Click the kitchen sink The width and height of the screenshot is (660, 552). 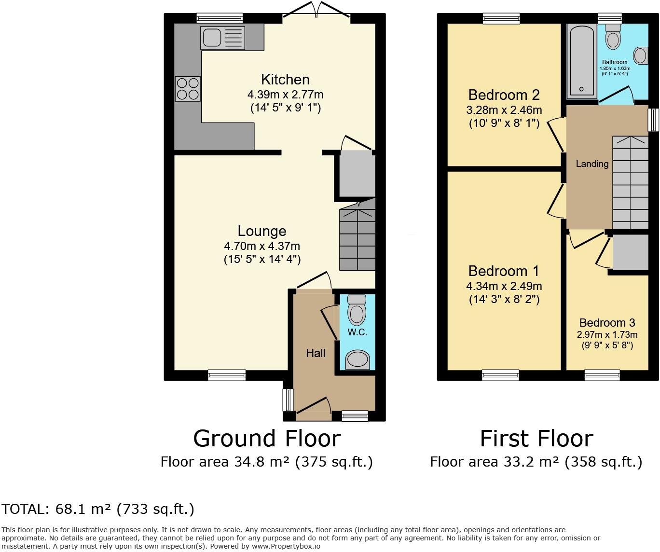[x=223, y=38]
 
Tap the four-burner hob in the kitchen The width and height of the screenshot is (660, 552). [x=187, y=89]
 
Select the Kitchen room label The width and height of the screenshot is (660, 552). [x=285, y=79]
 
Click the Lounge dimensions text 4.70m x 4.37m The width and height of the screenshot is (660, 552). [x=262, y=246]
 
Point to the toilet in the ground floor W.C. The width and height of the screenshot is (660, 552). [x=357, y=310]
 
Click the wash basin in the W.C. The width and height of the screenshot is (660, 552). [x=357, y=359]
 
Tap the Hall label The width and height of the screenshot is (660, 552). [x=316, y=353]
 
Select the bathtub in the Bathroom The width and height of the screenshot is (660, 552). [x=581, y=60]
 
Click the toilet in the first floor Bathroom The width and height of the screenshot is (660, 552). [x=613, y=36]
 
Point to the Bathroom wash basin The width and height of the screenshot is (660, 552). [x=641, y=55]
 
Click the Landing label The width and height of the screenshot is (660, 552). [x=592, y=164]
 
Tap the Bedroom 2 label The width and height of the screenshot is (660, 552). [x=504, y=95]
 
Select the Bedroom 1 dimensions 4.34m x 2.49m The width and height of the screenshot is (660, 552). [x=504, y=286]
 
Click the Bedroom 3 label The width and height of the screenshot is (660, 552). [x=607, y=323]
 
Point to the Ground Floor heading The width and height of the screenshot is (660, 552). [x=267, y=439]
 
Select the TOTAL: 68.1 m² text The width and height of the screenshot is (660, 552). [x=98, y=509]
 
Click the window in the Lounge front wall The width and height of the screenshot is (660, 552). [x=227, y=375]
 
